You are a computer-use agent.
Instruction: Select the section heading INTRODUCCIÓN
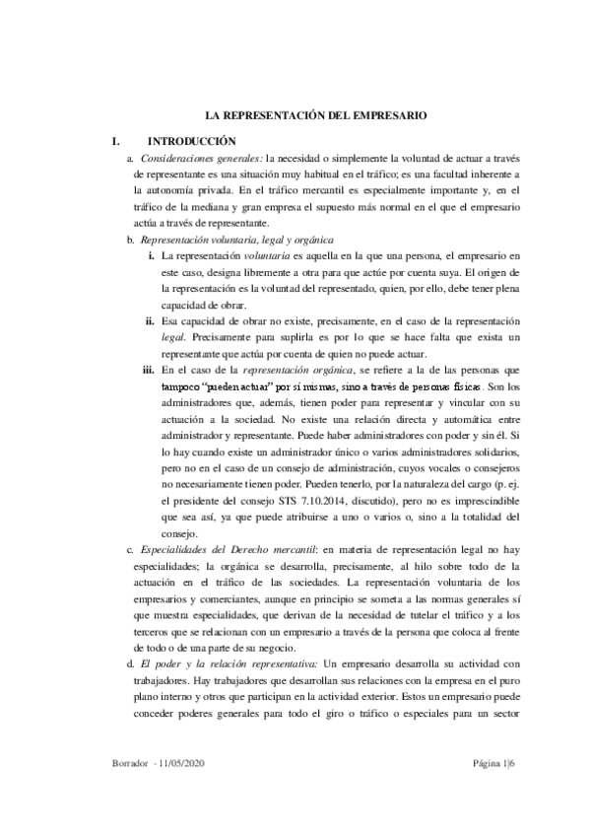(192, 142)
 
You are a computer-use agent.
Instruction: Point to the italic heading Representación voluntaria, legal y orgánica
(237, 241)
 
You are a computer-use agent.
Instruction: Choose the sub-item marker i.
(151, 256)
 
